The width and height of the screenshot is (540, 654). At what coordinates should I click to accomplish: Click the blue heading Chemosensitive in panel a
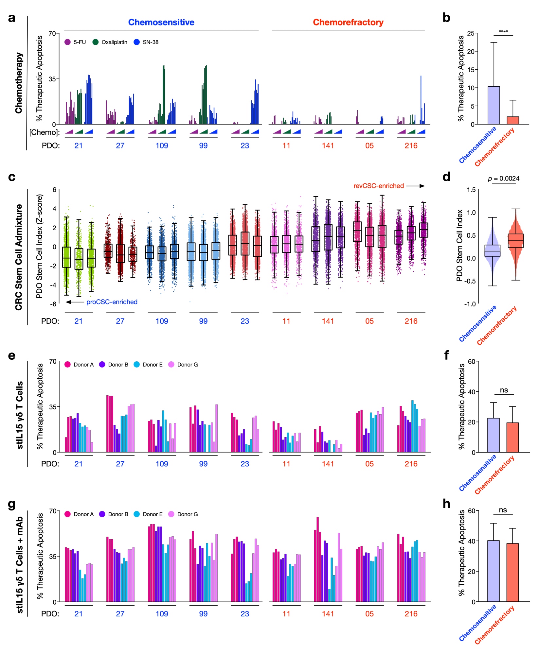(x=161, y=22)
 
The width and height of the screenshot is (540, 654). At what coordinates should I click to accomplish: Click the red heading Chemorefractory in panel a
(x=348, y=22)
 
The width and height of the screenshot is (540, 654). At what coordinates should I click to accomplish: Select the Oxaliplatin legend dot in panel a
(x=96, y=42)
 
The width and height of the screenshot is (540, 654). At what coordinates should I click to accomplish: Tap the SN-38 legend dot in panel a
(x=137, y=42)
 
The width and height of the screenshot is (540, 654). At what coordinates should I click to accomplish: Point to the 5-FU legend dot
(x=68, y=42)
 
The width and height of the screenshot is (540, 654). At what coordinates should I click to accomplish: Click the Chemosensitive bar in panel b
(x=494, y=105)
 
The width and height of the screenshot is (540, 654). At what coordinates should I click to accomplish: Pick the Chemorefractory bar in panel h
(x=513, y=572)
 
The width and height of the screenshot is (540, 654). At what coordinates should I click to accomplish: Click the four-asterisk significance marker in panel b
(x=503, y=32)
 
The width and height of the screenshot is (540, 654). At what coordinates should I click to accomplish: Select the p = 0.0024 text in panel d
(x=504, y=179)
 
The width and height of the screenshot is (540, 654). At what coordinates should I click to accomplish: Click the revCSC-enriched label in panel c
(x=379, y=186)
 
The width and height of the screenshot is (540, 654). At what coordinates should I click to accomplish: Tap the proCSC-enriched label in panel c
(x=112, y=302)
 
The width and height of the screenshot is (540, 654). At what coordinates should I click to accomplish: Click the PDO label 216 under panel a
(x=411, y=146)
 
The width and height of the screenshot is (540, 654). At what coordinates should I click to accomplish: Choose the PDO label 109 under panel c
(x=162, y=321)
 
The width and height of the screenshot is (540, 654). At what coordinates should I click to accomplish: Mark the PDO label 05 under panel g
(x=369, y=614)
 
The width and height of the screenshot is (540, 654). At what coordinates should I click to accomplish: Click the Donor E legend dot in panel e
(x=137, y=364)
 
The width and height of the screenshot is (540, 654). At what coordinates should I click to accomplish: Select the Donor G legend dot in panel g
(x=171, y=514)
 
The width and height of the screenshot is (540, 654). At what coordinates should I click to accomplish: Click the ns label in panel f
(x=504, y=390)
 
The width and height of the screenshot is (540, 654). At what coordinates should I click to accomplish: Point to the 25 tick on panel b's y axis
(x=471, y=33)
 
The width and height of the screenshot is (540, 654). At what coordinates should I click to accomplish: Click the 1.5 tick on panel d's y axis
(x=471, y=190)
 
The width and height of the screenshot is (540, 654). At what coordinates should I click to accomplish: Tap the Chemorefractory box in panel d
(x=516, y=241)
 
